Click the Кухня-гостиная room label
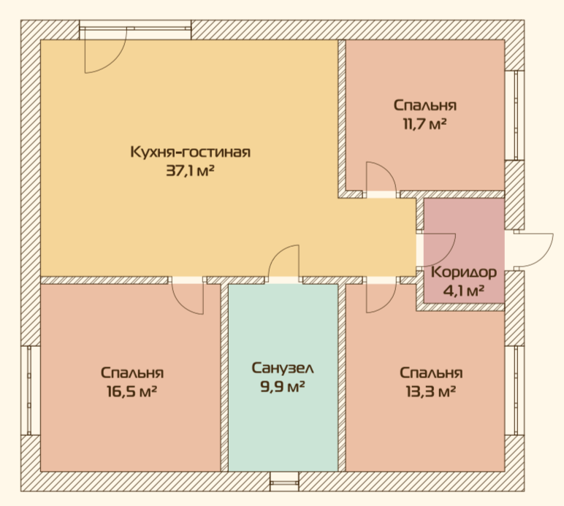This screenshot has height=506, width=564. (190, 152)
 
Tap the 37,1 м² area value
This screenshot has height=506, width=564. (190, 171)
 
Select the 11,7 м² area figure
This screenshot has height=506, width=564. (424, 124)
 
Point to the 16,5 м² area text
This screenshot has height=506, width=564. (132, 391)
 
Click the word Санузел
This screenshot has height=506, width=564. (283, 368)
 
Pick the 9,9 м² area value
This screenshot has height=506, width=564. (283, 387)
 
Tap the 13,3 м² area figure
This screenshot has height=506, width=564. (431, 391)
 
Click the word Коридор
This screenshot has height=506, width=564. (464, 272)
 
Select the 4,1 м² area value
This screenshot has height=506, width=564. (464, 291)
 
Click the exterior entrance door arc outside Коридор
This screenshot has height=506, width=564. (544, 256)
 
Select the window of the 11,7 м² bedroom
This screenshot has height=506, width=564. (514, 115)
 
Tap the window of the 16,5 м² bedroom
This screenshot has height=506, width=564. (30, 391)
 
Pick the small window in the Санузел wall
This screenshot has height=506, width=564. (284, 481)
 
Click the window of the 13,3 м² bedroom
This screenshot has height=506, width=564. (514, 391)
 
